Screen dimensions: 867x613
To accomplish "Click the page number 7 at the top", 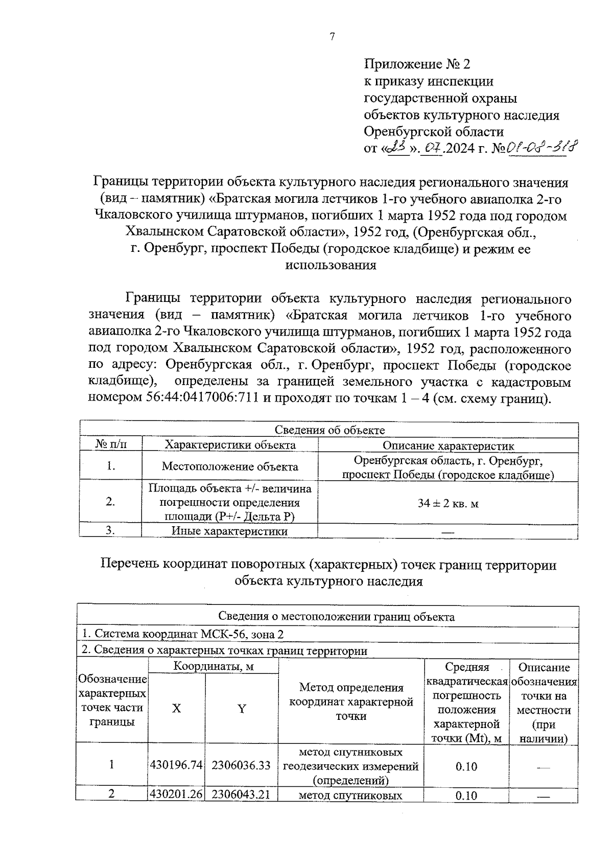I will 332,37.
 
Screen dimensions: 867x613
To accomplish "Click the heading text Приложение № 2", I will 416,64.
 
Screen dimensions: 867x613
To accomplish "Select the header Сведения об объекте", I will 329,430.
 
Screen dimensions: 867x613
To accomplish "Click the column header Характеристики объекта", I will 230,445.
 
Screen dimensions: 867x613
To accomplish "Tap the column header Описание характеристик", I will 448,446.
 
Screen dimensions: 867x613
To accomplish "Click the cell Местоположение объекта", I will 230,466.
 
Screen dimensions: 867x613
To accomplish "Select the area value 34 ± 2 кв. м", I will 448,504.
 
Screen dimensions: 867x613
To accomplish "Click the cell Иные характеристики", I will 229,531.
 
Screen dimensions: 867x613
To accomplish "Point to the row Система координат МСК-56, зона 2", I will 183,634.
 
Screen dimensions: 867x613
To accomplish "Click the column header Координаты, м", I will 213,667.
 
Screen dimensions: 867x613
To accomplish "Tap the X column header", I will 176,709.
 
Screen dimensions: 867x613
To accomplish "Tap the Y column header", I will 242,709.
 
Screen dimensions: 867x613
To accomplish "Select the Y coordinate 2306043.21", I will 241,794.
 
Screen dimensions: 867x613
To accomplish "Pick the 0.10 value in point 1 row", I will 466,766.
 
